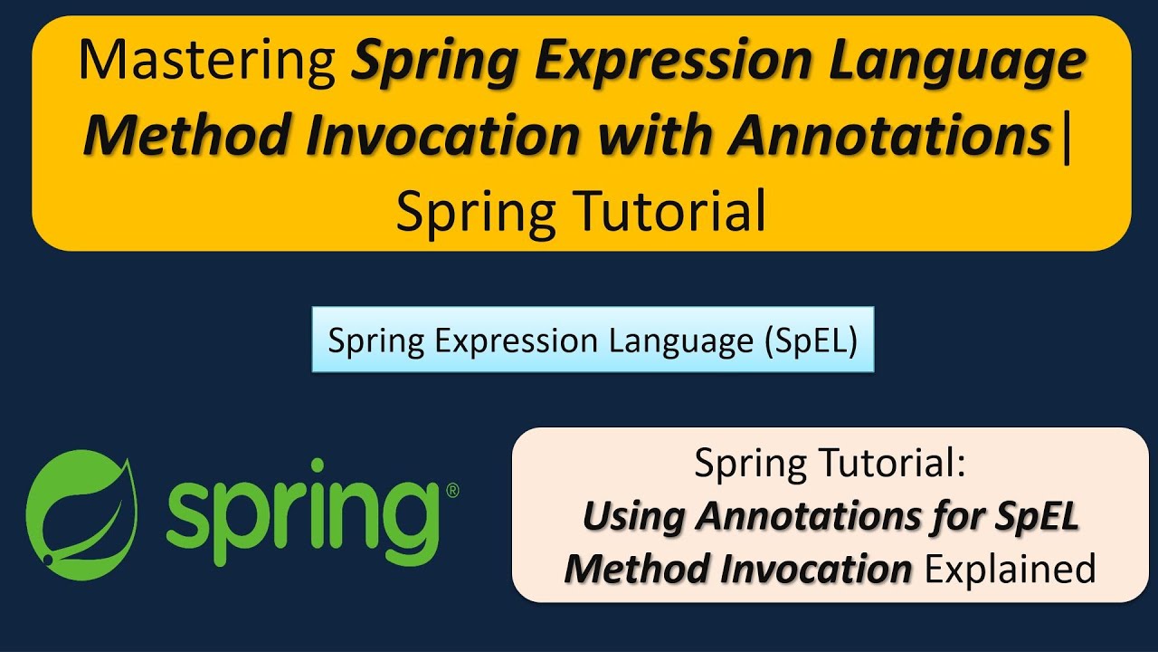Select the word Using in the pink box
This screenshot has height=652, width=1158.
[632, 517]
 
